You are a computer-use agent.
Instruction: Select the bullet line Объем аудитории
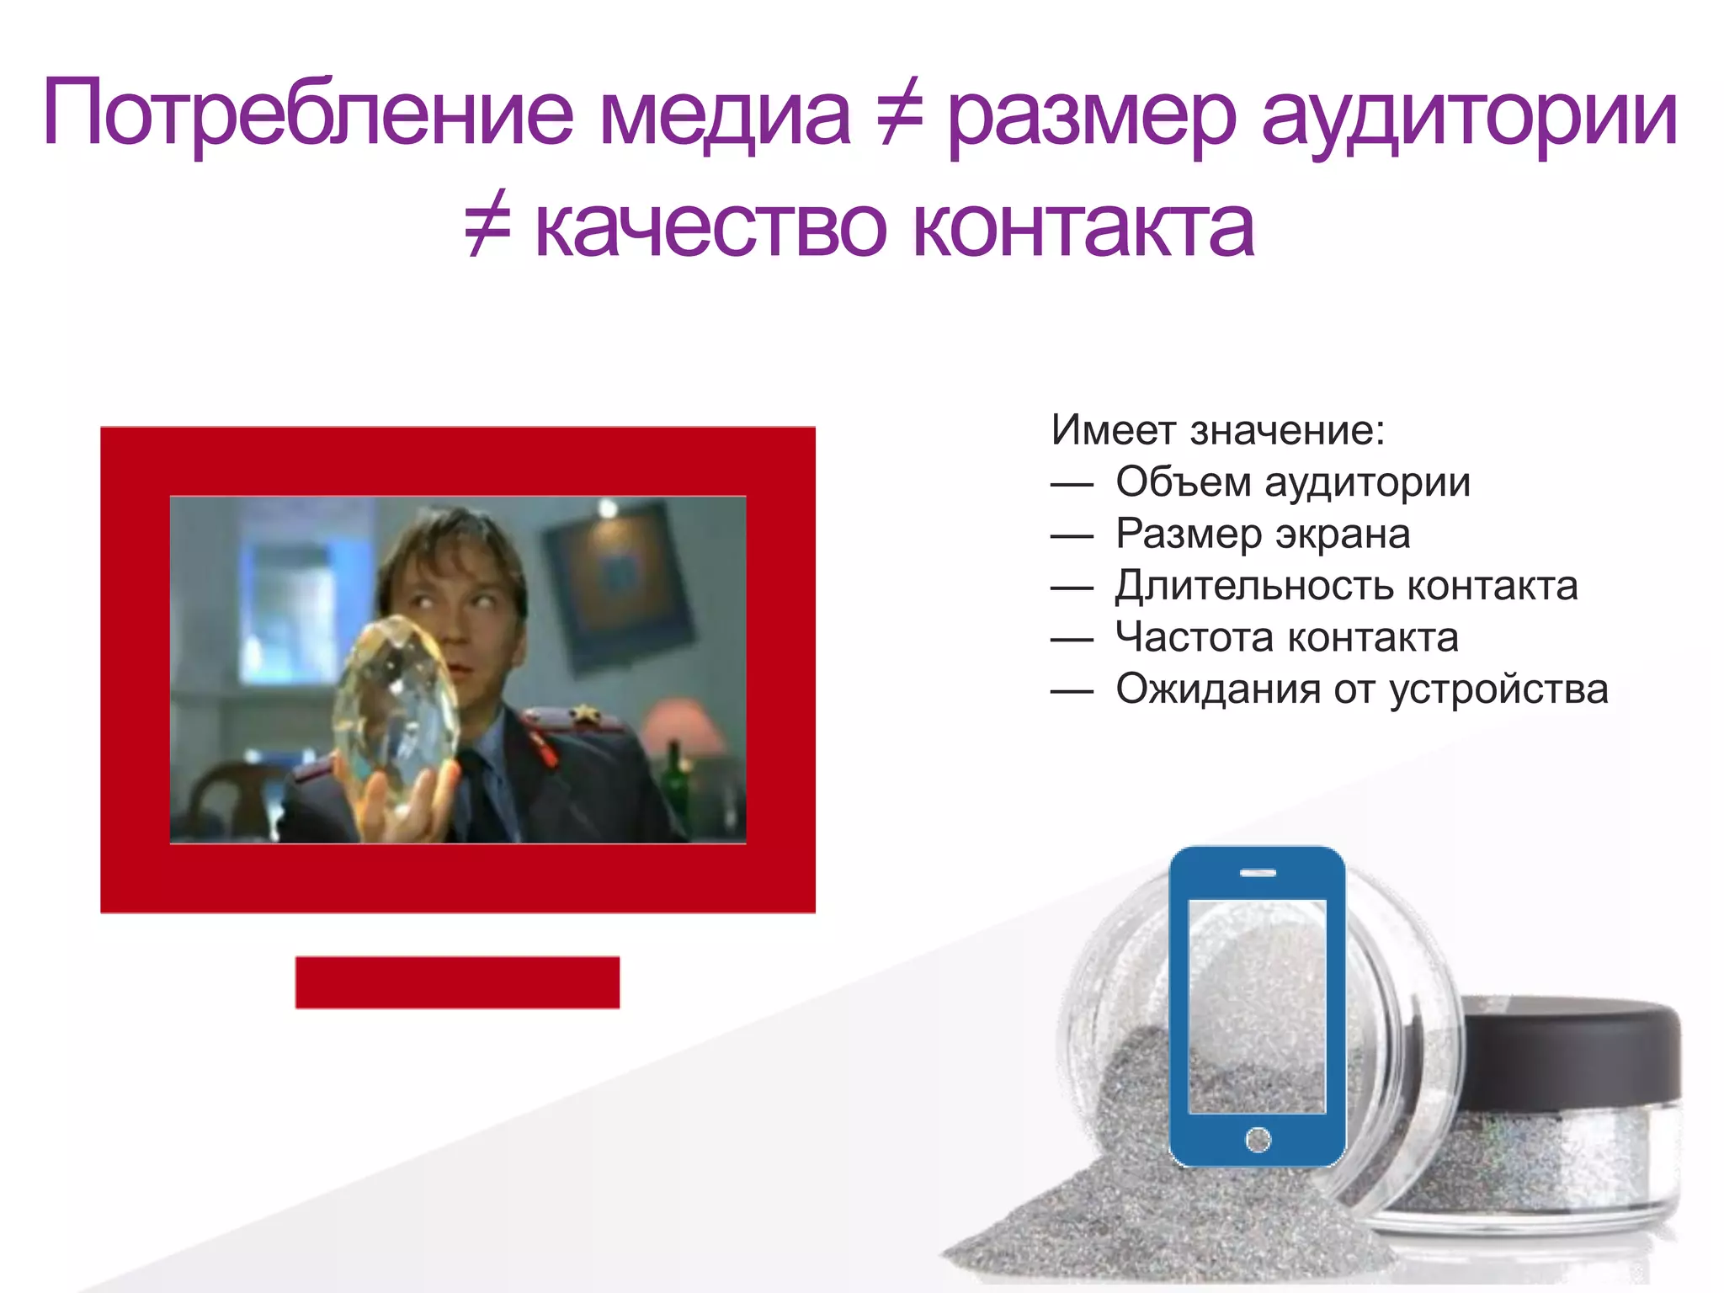1292,482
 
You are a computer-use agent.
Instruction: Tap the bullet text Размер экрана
1263,534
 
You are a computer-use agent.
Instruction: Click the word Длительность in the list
1253,586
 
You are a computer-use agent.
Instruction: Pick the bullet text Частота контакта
1286,637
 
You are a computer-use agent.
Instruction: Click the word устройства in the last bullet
1498,689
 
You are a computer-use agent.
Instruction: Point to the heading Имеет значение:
1217,430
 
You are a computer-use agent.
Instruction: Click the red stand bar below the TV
457,982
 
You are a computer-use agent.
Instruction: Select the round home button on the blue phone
1258,1140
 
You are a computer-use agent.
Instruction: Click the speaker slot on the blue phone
1258,873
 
